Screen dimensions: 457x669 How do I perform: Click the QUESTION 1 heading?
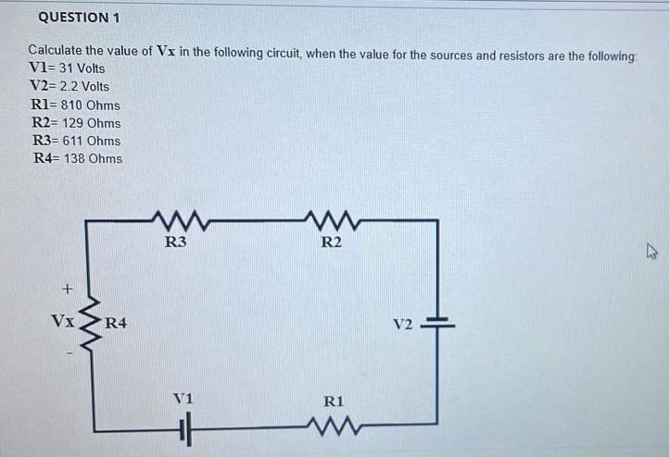point(79,18)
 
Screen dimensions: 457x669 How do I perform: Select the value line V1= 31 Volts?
point(68,68)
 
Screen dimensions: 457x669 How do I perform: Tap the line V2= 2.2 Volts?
point(70,86)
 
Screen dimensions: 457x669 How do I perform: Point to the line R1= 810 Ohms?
point(76,105)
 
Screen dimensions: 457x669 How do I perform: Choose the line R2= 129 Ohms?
point(76,122)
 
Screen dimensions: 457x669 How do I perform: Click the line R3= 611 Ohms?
point(76,141)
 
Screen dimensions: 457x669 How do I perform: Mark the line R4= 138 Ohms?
point(77,158)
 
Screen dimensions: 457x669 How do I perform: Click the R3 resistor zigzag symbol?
point(174,221)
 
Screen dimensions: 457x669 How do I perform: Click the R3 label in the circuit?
point(175,243)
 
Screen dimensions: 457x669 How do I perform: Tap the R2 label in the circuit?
point(331,243)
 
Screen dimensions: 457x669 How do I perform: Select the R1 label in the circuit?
point(334,401)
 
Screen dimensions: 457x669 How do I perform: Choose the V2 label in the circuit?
point(402,326)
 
